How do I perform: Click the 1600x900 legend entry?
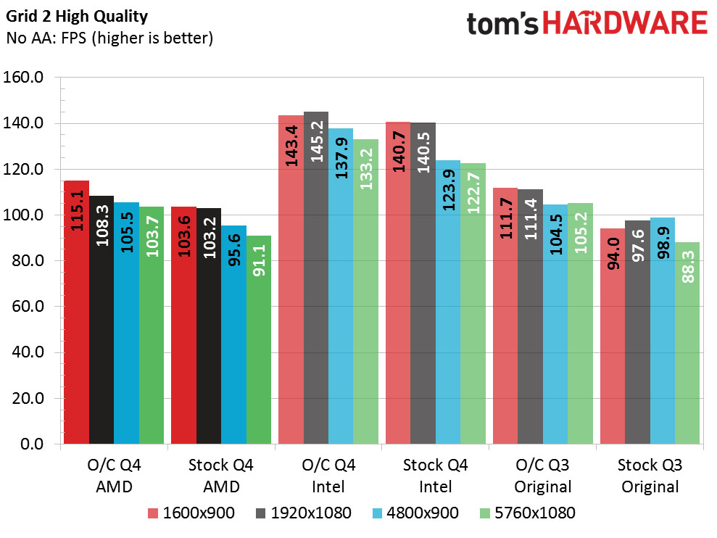coord(191,513)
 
